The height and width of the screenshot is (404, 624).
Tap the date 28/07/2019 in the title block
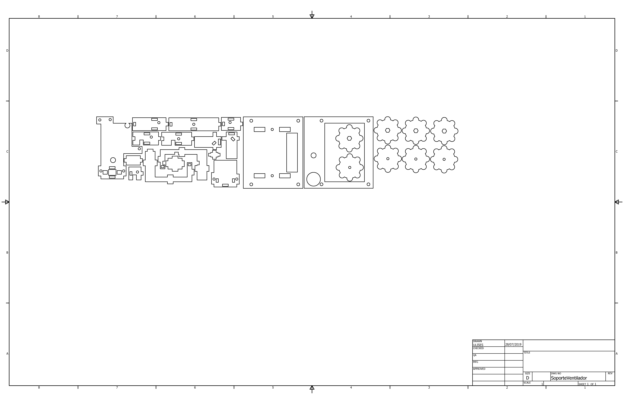[513, 344]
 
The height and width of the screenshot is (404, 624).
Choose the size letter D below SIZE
[528, 378]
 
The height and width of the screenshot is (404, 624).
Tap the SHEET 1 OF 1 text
[587, 384]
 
